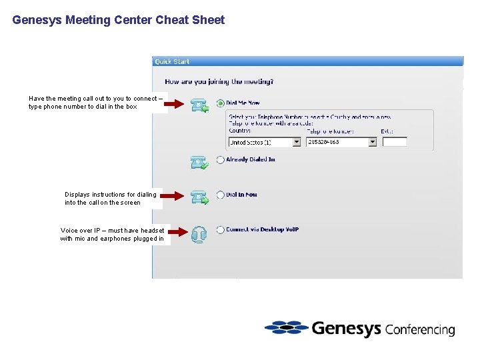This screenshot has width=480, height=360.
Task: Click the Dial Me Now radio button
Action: (x=221, y=103)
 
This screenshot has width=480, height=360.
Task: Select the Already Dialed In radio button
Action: (x=221, y=160)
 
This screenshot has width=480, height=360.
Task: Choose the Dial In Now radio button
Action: (x=221, y=195)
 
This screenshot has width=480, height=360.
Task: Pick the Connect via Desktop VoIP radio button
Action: (x=221, y=230)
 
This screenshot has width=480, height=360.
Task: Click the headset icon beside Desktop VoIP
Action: (x=199, y=234)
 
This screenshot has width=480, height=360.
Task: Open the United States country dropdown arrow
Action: (x=297, y=142)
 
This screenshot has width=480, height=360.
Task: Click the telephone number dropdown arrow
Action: (x=373, y=142)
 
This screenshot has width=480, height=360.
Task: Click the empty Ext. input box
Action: (x=395, y=142)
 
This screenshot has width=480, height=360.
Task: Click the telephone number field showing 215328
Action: (x=337, y=142)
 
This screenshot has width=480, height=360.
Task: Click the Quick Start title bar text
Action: (x=172, y=61)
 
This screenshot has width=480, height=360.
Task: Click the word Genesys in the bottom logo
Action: (x=345, y=329)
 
